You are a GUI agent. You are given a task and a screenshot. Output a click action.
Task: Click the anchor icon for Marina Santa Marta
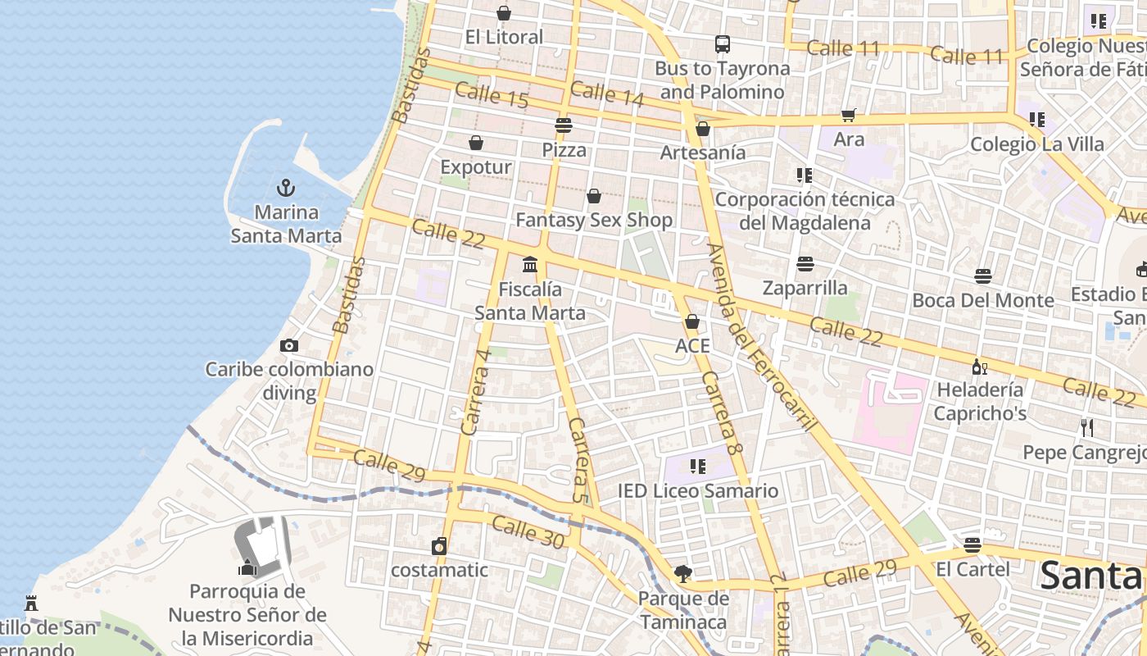coord(285,188)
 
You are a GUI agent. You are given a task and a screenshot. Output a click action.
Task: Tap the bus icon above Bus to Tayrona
coord(722,44)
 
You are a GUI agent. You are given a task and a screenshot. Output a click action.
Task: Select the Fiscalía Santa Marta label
coord(530,301)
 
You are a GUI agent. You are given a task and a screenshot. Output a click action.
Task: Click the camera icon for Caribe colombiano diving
coord(288,345)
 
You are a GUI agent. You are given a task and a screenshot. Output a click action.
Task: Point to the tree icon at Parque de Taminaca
coord(682,574)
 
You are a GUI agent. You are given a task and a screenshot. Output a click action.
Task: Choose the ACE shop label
coord(692,346)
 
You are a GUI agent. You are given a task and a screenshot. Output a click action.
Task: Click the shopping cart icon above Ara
coord(848,116)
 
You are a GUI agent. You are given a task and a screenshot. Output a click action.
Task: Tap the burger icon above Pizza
coord(563,125)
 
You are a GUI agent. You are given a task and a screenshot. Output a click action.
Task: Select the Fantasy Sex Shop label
coord(594,220)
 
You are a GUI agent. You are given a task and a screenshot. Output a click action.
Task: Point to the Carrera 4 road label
coord(476,391)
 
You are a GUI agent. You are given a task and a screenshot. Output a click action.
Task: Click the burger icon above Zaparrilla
coord(805,264)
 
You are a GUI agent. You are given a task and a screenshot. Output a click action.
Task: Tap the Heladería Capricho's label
coord(980,401)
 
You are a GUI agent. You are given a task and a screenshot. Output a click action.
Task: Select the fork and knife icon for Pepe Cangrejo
coord(1086,427)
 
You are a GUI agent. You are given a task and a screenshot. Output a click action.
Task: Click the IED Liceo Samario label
coord(697,491)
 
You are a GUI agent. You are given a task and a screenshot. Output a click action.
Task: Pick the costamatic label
coord(439,570)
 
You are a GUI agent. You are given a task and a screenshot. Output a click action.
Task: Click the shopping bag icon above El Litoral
coord(504,13)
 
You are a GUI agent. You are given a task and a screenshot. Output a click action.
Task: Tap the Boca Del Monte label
coord(983,300)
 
